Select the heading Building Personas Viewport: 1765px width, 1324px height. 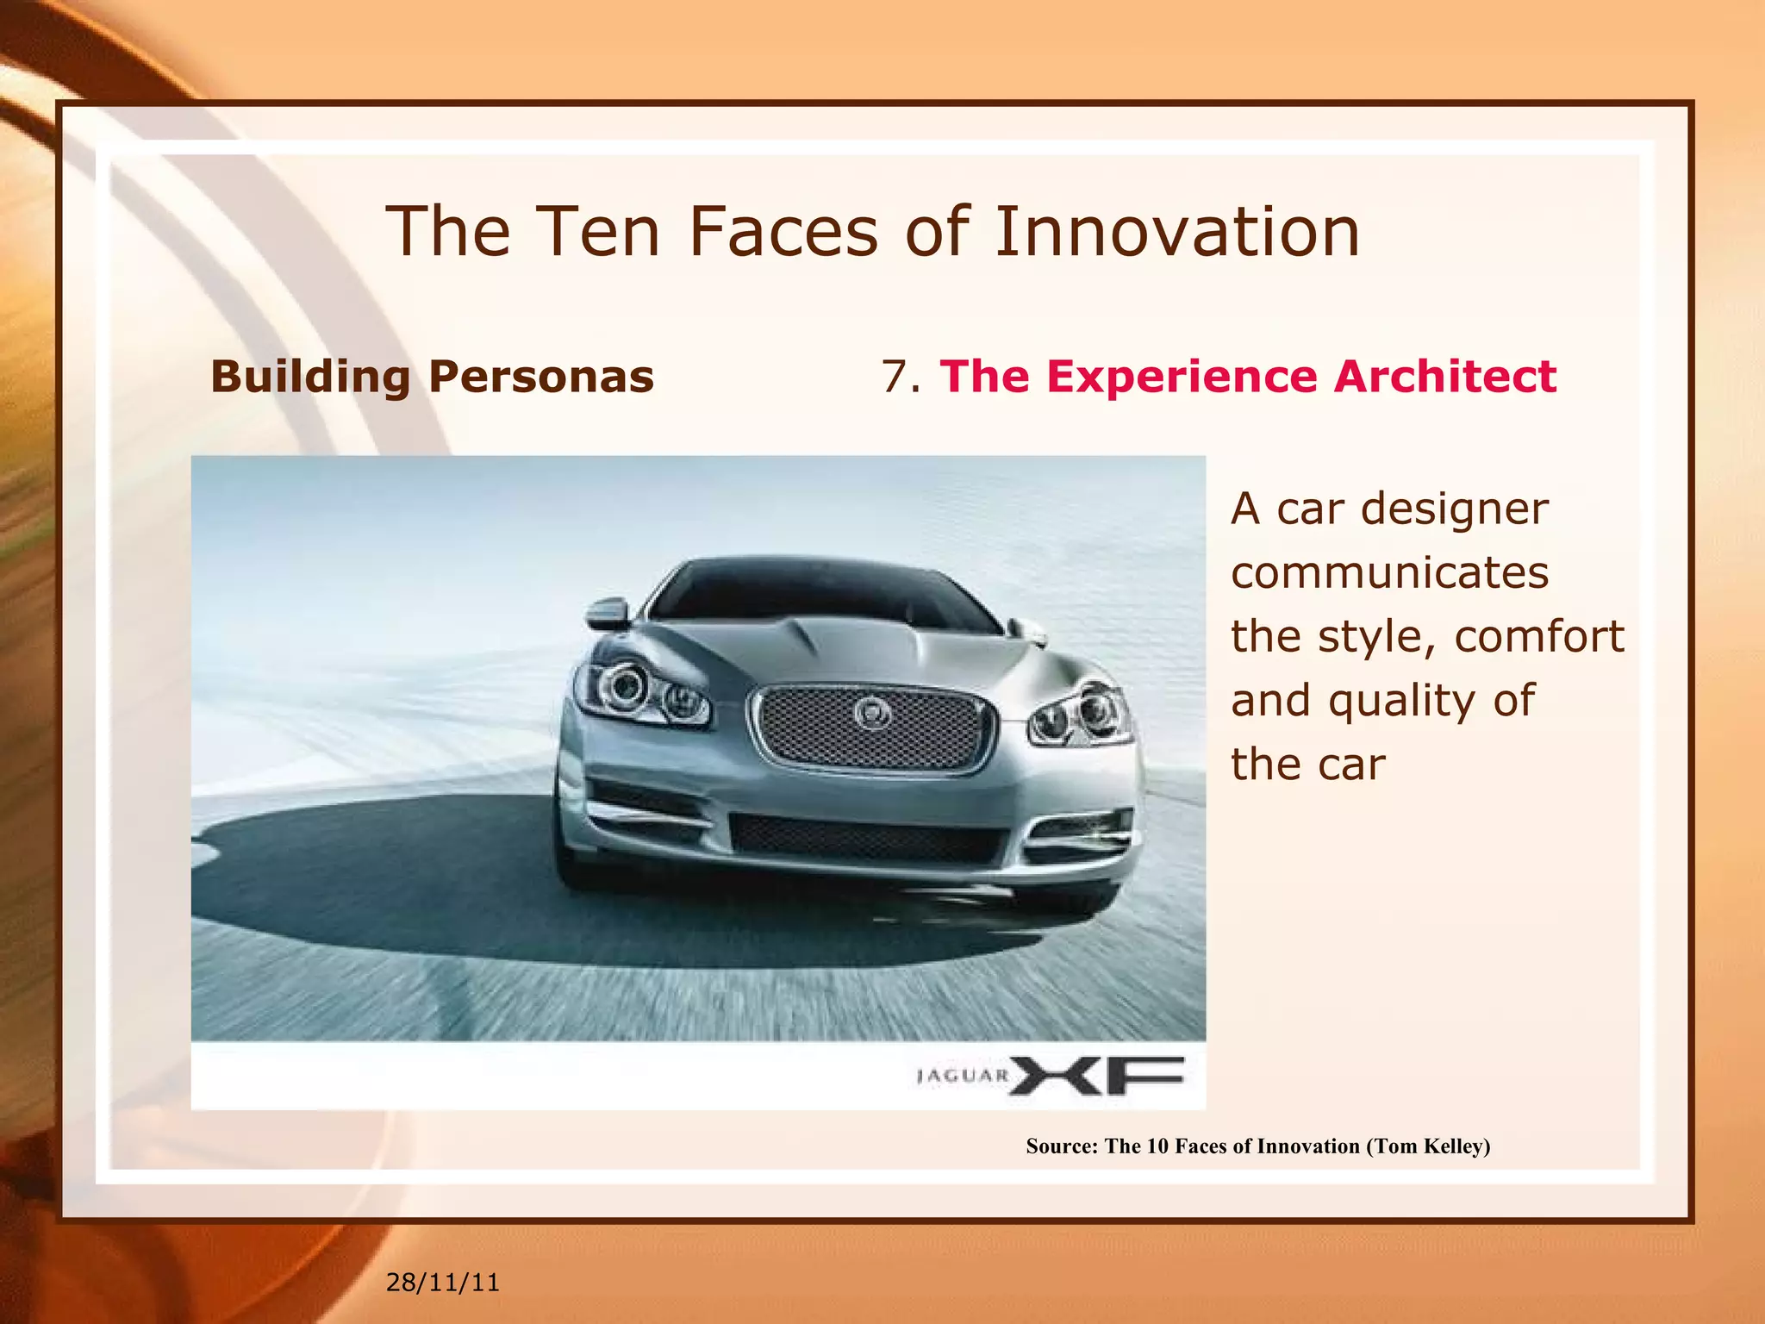click(x=432, y=377)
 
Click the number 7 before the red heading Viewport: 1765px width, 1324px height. click(x=896, y=377)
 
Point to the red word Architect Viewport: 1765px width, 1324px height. click(x=1444, y=377)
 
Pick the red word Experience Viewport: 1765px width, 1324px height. click(x=1182, y=377)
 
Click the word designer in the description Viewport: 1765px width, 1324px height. click(x=1455, y=509)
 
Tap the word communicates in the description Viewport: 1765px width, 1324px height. click(x=1389, y=572)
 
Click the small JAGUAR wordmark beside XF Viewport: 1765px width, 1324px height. click(x=963, y=1076)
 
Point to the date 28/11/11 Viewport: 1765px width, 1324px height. click(x=442, y=1283)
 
